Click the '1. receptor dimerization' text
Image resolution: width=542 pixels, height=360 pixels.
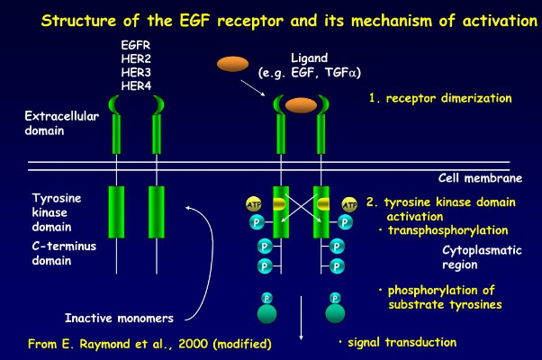[440, 98]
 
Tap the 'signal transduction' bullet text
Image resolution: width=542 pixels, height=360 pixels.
[402, 342]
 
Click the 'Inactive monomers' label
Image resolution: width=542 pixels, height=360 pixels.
[119, 318]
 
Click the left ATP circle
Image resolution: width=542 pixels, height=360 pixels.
[254, 205]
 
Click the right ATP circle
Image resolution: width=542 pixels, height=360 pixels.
[349, 205]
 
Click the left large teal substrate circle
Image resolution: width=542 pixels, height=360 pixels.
[267, 314]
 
